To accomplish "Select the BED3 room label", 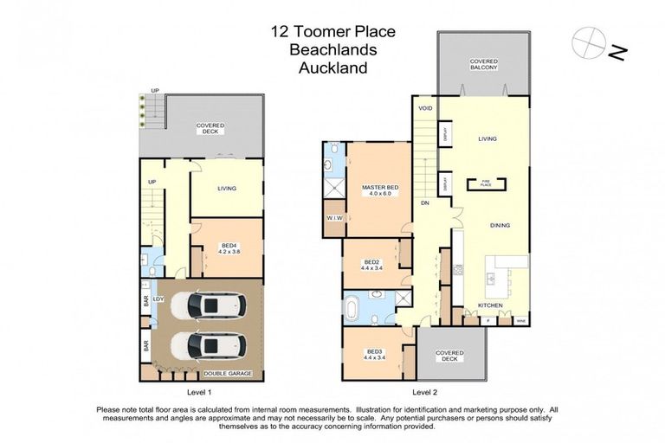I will coord(373,351).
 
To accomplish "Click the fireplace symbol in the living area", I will coord(486,182).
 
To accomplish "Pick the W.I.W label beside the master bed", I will coord(335,217).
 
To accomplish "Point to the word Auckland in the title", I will coord(332,67).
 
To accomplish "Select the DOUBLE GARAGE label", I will coord(227,374).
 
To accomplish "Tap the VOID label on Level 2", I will coord(425,109).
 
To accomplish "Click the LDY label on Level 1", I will coord(158,300).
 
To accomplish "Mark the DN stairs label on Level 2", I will coord(425,202).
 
